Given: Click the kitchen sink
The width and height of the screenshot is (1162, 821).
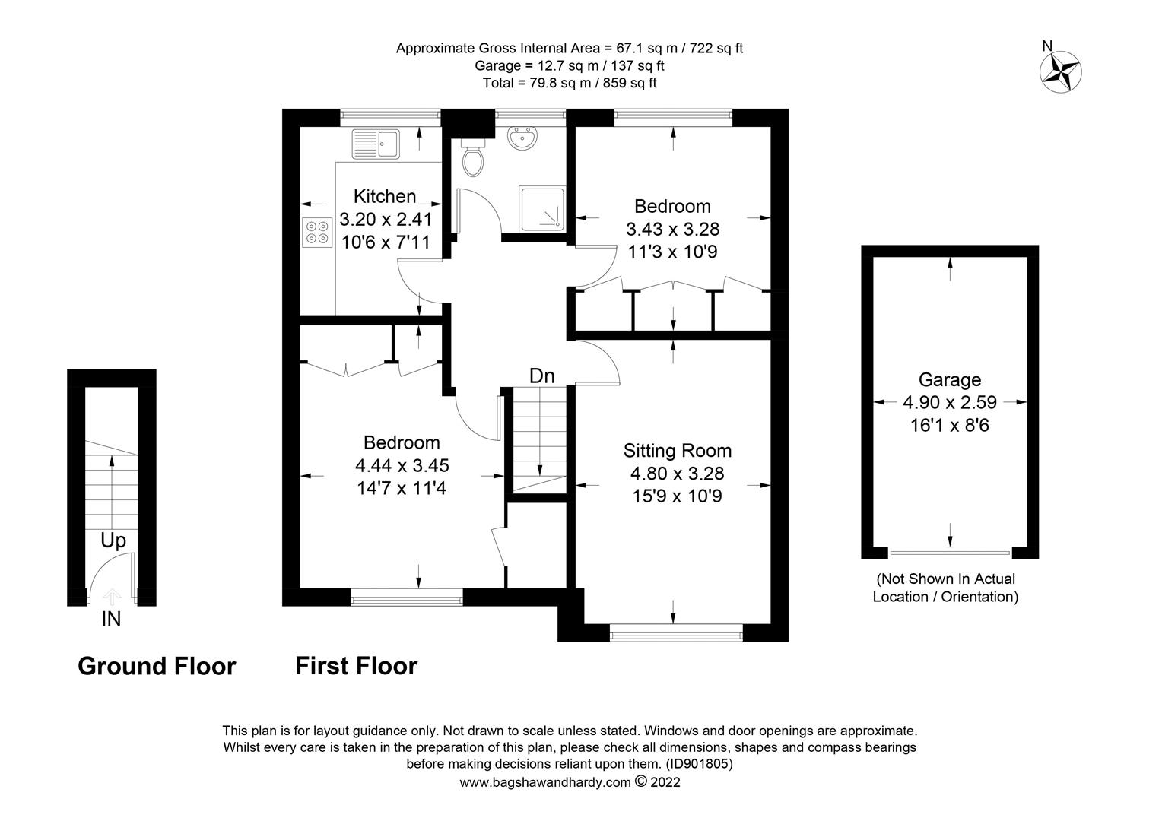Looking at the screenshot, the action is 376,144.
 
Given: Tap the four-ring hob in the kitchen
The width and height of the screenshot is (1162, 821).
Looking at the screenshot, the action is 317,233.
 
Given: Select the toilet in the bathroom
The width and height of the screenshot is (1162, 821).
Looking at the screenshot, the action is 472,157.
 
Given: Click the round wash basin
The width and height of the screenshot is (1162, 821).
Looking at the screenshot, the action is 522,138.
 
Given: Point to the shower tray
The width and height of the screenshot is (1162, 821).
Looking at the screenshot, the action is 541,209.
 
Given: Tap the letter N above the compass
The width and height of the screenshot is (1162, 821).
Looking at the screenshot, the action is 1047,46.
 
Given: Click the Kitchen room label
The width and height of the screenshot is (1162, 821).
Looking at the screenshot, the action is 385,197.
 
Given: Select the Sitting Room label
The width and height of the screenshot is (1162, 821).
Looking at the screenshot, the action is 678,451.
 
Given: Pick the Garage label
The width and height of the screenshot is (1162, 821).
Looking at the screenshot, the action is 950,380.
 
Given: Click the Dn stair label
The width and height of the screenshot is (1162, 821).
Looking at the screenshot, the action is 542,376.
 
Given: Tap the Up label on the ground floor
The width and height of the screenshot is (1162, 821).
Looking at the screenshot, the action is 113,541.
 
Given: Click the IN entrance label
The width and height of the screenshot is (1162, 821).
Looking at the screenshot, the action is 111,619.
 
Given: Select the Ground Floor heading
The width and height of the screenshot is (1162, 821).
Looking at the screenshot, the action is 157,666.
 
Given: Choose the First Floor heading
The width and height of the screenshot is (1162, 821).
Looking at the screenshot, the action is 357,666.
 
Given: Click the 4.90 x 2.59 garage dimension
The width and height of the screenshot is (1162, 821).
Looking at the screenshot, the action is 950,402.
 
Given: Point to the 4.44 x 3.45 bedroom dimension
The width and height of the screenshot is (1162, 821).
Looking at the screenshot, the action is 402,465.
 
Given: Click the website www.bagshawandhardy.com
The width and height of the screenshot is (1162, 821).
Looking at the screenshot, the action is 545,783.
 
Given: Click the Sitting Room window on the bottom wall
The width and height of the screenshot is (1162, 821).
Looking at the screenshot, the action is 676,632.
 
